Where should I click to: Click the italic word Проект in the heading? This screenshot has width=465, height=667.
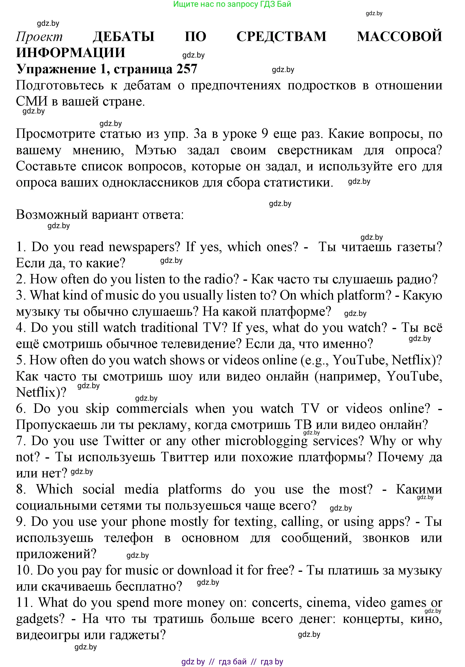pyautogui.click(x=39, y=37)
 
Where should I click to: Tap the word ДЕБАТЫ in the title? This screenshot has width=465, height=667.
pyautogui.click(x=124, y=37)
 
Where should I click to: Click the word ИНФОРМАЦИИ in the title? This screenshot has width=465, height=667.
pyautogui.click(x=71, y=53)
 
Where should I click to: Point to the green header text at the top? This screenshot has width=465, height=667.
pyautogui.click(x=232, y=4)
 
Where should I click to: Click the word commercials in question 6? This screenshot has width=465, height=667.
pyautogui.click(x=152, y=409)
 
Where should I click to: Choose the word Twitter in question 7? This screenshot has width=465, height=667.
pyautogui.click(x=124, y=441)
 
